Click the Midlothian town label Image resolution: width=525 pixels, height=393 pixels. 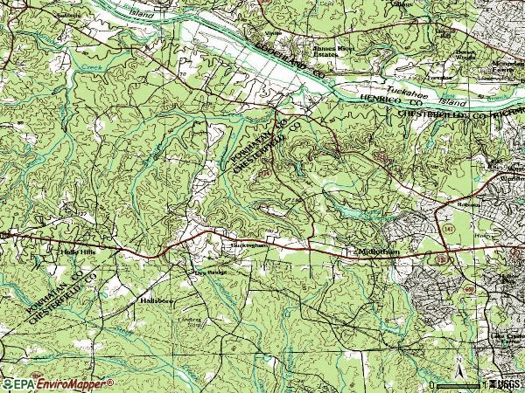[x=379, y=251]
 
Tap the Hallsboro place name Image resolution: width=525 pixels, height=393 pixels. [x=157, y=300]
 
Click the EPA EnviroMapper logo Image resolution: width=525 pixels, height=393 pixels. [x=58, y=383]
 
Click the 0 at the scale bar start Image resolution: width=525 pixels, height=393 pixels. [x=432, y=384]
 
